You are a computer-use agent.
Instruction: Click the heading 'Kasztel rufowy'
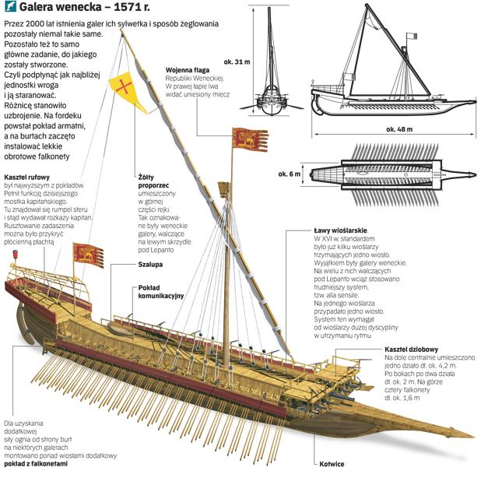click(x=25, y=177)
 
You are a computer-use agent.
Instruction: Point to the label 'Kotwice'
click(x=332, y=465)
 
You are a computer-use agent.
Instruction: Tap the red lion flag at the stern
click(x=86, y=253)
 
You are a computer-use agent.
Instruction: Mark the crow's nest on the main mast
click(x=223, y=189)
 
